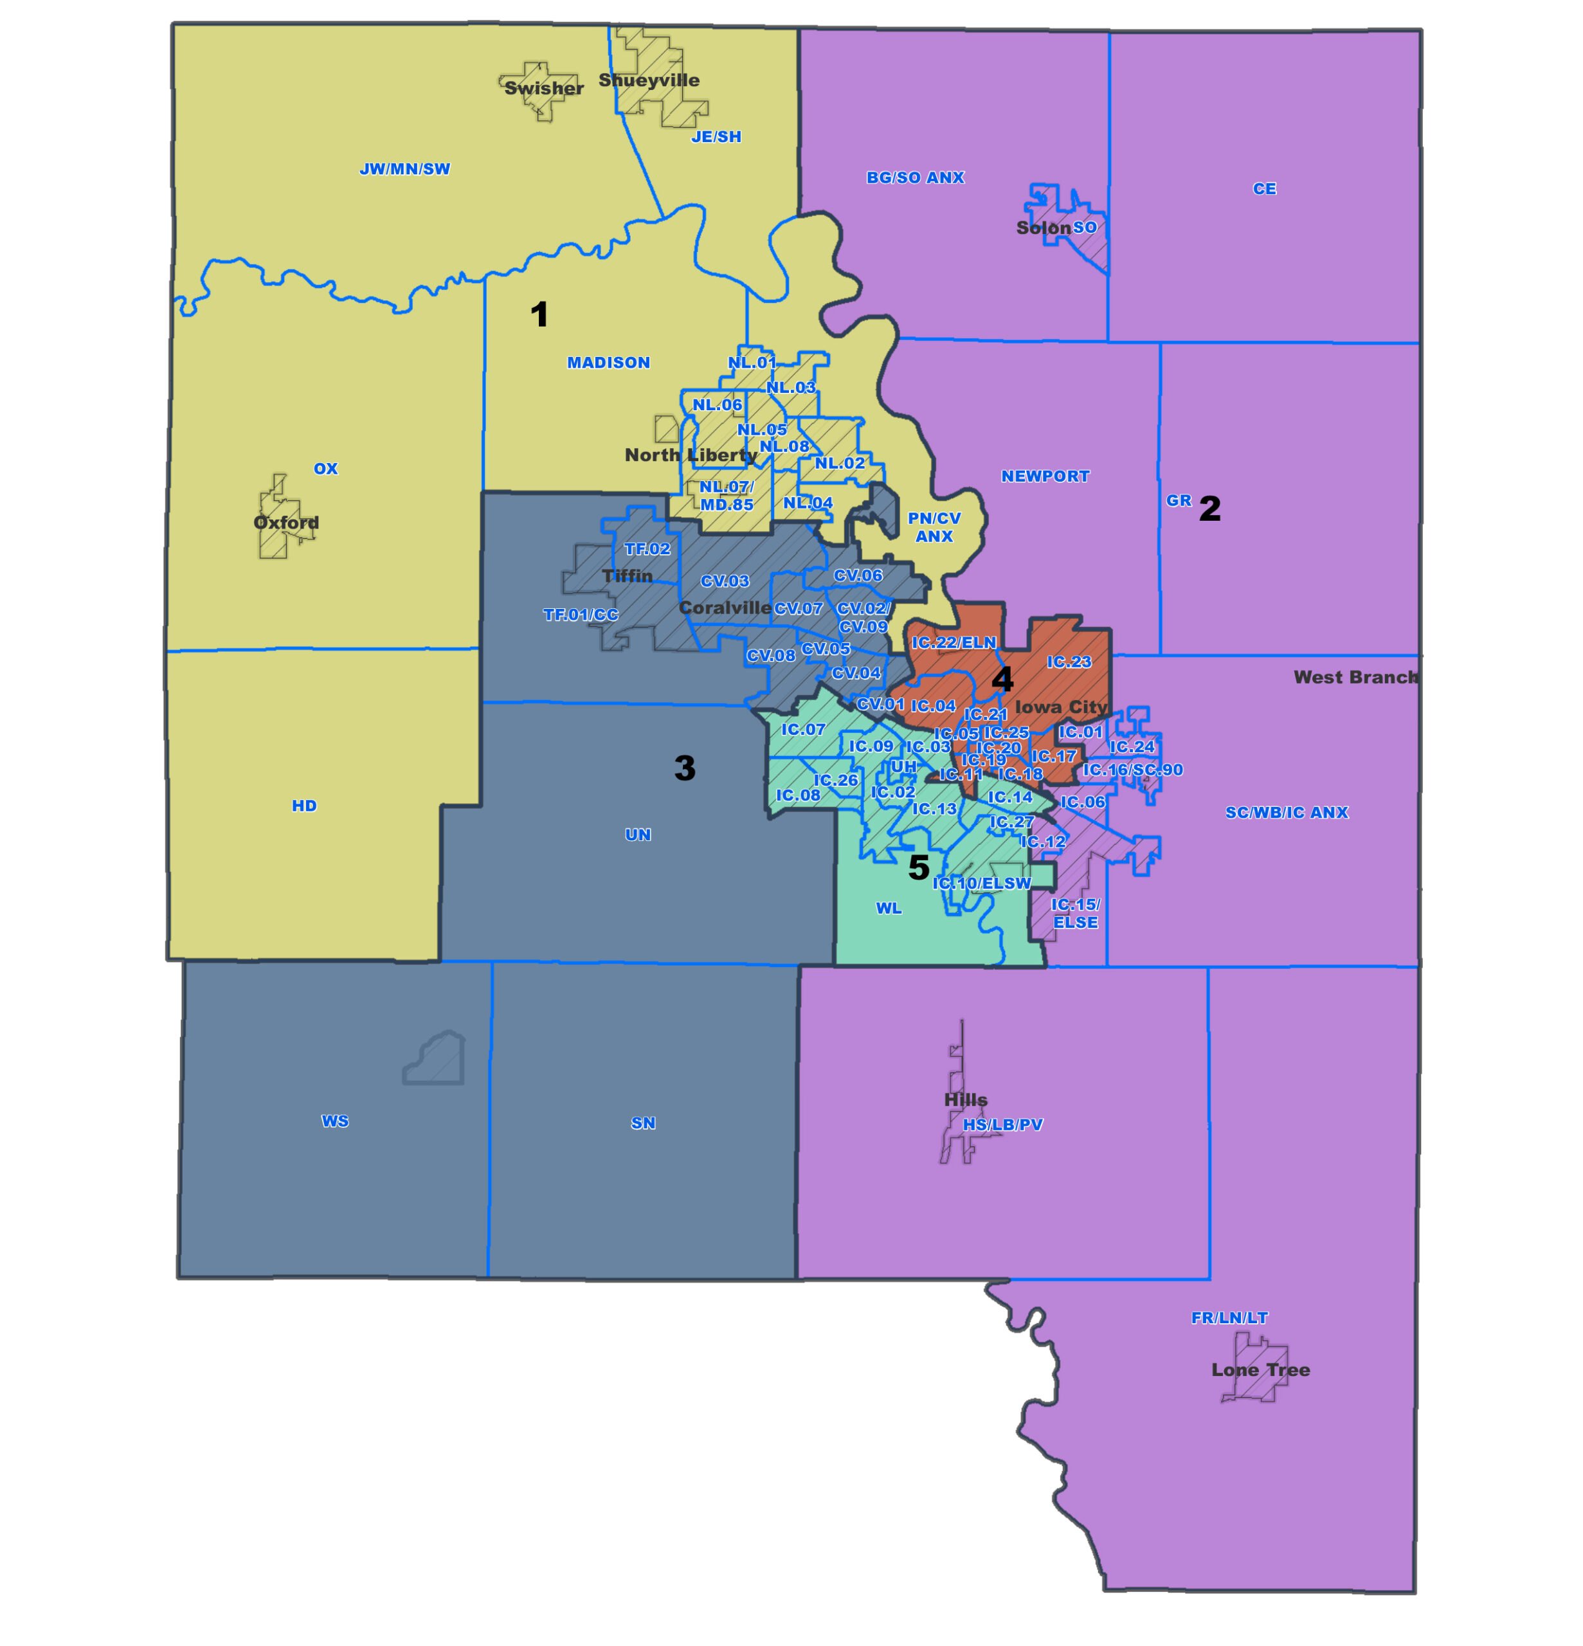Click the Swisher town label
click(x=543, y=88)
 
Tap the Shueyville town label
click(x=648, y=80)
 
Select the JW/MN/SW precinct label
click(x=405, y=169)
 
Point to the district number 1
click(x=539, y=315)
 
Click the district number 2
click(x=1209, y=508)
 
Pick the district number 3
click(x=684, y=768)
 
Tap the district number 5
click(x=919, y=867)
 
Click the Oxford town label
click(x=286, y=522)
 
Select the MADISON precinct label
click(x=608, y=363)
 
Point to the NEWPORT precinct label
click(x=1045, y=476)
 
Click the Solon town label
click(x=1043, y=228)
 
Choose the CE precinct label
click(x=1264, y=189)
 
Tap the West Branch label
click(x=1355, y=677)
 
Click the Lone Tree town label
click(x=1260, y=1370)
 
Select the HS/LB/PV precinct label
click(x=1002, y=1125)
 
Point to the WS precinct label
click(x=334, y=1121)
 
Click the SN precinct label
click(x=642, y=1123)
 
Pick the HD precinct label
click(x=304, y=806)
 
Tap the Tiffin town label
click(x=628, y=576)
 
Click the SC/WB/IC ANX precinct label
click(x=1286, y=812)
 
